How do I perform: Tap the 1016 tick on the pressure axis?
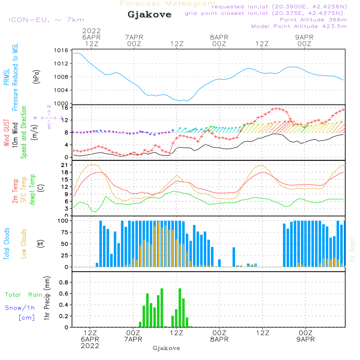click(x=62, y=50)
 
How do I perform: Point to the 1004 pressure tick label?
click(x=62, y=90)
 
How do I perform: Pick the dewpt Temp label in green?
click(x=32, y=190)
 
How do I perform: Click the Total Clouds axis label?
click(x=6, y=244)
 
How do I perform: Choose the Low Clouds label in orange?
click(x=24, y=244)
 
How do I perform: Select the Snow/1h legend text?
click(x=20, y=308)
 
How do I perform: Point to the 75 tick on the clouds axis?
click(x=64, y=232)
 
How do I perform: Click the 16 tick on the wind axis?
click(x=65, y=108)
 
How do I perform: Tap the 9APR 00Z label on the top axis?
click(x=304, y=40)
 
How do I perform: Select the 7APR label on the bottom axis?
click(x=133, y=339)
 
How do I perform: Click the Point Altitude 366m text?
click(x=313, y=20)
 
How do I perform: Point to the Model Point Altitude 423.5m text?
click(x=299, y=26)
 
